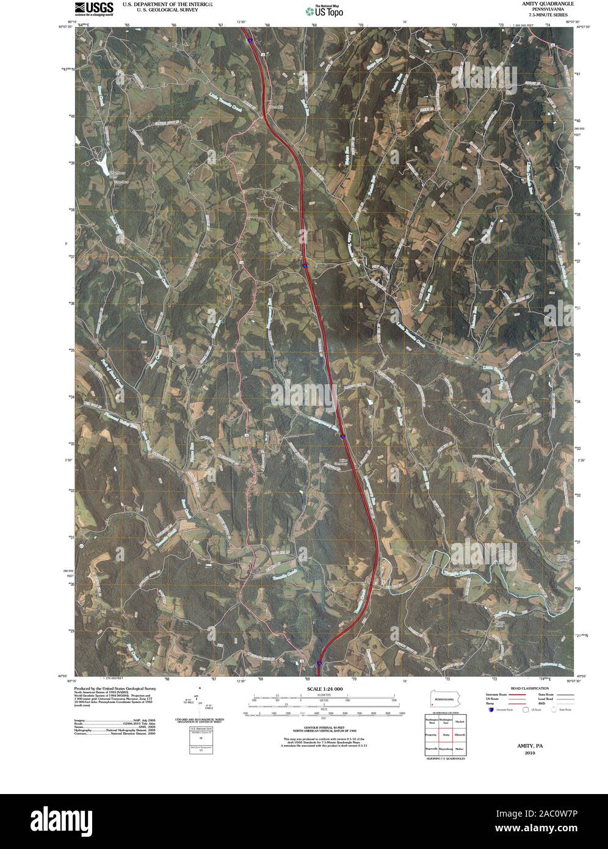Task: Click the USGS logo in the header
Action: [93, 8]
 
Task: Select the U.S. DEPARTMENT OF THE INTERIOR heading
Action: [168, 4]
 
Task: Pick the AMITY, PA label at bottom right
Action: [529, 746]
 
